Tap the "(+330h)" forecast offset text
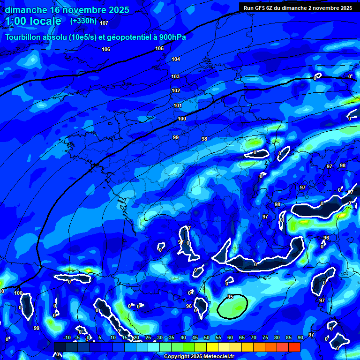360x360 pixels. point(83,21)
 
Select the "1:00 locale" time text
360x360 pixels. point(33,21)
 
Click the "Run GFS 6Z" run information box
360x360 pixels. point(298,7)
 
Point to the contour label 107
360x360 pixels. point(104,23)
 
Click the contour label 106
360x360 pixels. point(106,49)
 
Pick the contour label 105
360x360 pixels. point(159,48)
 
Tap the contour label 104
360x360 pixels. point(176,59)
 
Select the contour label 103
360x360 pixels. point(175,76)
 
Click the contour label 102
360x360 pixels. point(176,90)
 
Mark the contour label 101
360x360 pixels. point(178,105)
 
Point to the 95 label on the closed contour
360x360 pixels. point(230,297)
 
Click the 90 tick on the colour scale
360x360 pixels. point(300,337)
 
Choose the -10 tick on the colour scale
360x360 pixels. point(67,337)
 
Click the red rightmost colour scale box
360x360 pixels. point(294,347)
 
